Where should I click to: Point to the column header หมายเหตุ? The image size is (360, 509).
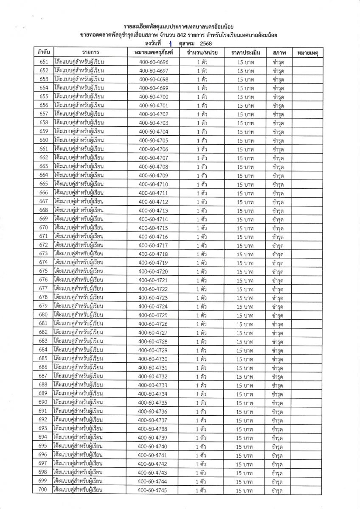(x=308, y=53)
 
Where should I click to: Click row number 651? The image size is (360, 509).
(x=43, y=62)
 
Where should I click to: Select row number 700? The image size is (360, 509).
(x=43, y=490)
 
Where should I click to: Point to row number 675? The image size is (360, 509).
(x=43, y=271)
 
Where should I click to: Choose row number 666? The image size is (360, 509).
(x=43, y=193)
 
